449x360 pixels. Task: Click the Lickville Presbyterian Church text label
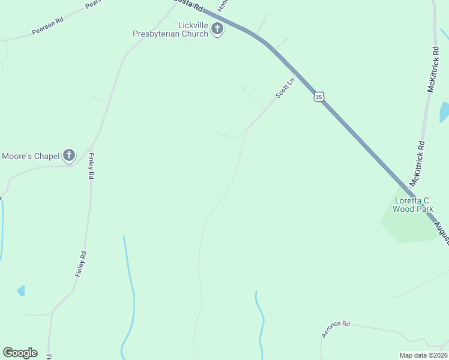(x=170, y=29)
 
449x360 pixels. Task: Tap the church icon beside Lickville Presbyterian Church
(x=217, y=29)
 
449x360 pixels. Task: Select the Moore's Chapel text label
(x=31, y=157)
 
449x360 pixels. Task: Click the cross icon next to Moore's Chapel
(x=69, y=156)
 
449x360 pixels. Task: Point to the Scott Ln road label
(x=285, y=88)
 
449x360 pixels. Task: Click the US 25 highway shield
(x=319, y=97)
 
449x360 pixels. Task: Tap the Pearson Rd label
(x=47, y=26)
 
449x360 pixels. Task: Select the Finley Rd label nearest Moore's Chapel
(x=92, y=166)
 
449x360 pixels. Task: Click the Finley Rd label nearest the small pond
(x=81, y=263)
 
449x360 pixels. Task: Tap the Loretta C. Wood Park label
(x=413, y=205)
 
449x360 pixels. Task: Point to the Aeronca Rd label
(x=336, y=329)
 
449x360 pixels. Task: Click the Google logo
(x=20, y=353)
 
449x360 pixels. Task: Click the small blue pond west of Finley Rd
(x=22, y=290)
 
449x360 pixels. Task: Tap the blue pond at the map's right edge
(x=444, y=112)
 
